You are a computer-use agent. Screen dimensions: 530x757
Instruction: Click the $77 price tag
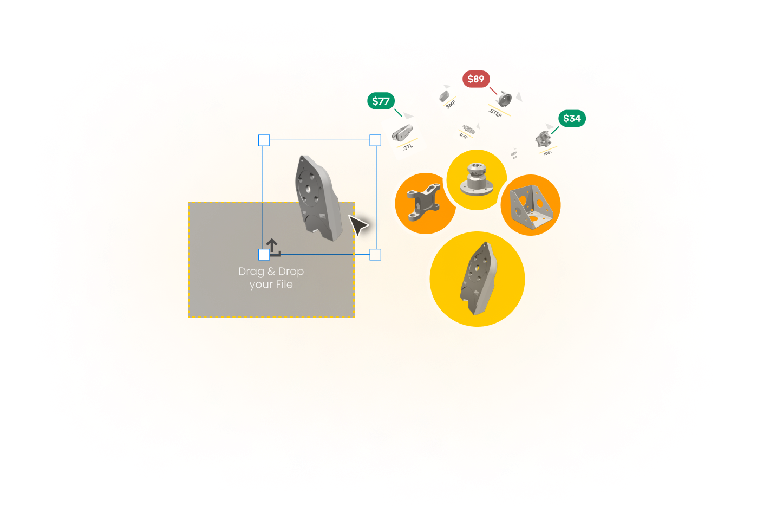click(381, 101)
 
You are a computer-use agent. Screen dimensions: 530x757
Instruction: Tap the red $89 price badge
click(476, 79)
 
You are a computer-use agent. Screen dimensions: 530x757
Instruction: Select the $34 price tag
click(572, 119)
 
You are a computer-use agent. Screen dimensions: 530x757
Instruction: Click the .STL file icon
click(404, 136)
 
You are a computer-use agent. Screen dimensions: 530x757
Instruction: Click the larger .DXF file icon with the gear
click(466, 131)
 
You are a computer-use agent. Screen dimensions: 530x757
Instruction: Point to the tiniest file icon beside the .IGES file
click(514, 156)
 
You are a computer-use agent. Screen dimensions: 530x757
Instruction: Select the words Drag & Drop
click(271, 272)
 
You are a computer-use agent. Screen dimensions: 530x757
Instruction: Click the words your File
click(271, 285)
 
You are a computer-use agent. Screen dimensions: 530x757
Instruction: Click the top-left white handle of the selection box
click(264, 140)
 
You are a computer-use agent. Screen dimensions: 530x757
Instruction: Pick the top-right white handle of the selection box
click(375, 140)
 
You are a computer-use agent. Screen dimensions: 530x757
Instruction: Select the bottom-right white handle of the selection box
click(375, 255)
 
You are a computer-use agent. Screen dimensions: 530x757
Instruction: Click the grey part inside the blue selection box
click(318, 198)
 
